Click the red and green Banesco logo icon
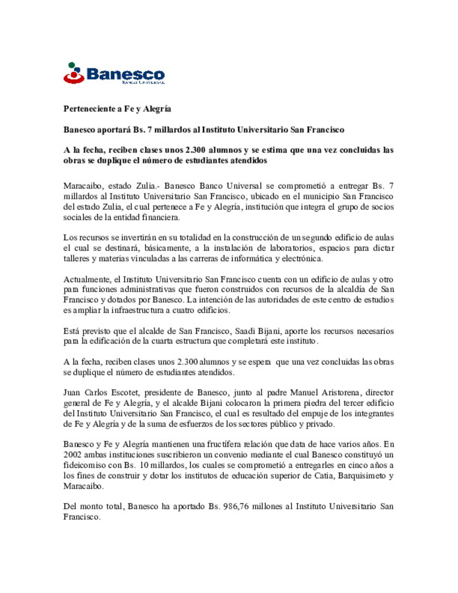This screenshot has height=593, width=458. (74, 73)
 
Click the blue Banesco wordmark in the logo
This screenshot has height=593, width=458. (126, 74)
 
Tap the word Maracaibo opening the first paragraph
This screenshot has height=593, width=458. (82, 186)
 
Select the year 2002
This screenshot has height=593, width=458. (73, 455)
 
